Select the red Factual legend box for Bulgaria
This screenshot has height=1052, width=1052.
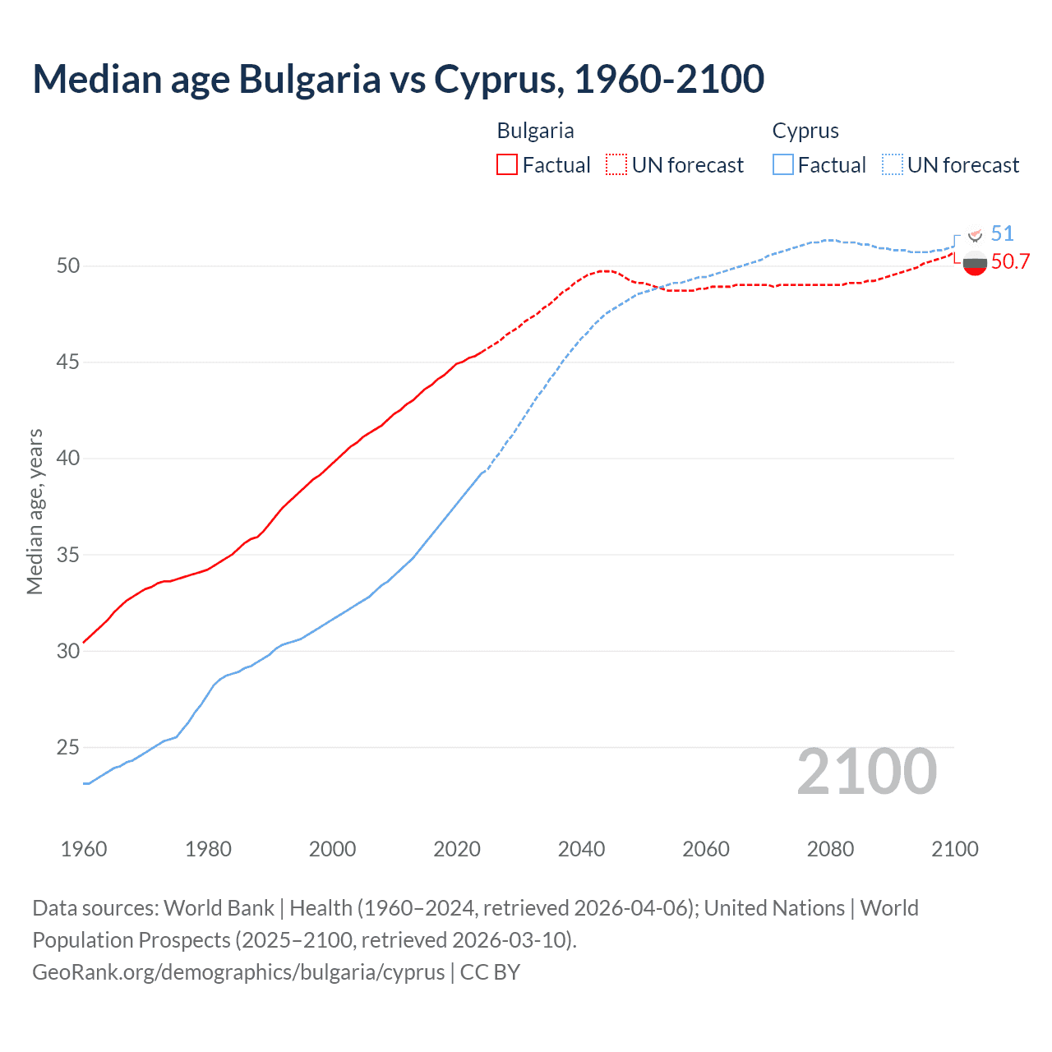click(x=507, y=164)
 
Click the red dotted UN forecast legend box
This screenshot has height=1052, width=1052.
click(x=616, y=164)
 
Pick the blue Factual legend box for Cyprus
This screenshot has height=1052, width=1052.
click(x=783, y=164)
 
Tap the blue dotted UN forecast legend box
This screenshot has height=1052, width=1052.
click(x=893, y=164)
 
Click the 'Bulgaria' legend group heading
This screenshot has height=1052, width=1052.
click(x=535, y=131)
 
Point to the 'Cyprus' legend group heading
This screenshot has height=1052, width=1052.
click(x=805, y=131)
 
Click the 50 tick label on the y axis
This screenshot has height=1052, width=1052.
click(x=68, y=265)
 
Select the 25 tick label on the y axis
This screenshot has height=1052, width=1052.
click(x=68, y=747)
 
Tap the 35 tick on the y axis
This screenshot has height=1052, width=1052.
click(x=68, y=555)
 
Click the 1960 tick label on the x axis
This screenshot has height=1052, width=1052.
click(x=84, y=849)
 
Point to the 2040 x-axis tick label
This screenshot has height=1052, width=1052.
click(x=581, y=849)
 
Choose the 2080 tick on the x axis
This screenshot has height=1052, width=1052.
click(x=830, y=849)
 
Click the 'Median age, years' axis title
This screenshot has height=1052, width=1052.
click(x=35, y=511)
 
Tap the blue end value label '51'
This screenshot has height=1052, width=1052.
click(x=1002, y=233)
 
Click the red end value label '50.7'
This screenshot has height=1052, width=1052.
click(x=1010, y=262)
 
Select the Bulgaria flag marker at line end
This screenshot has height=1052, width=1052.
click(x=975, y=264)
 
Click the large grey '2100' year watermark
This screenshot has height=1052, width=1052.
click(x=866, y=771)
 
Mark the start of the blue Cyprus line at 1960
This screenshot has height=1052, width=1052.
click(x=85, y=783)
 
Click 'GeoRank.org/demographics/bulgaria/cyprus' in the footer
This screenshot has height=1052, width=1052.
click(x=238, y=971)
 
